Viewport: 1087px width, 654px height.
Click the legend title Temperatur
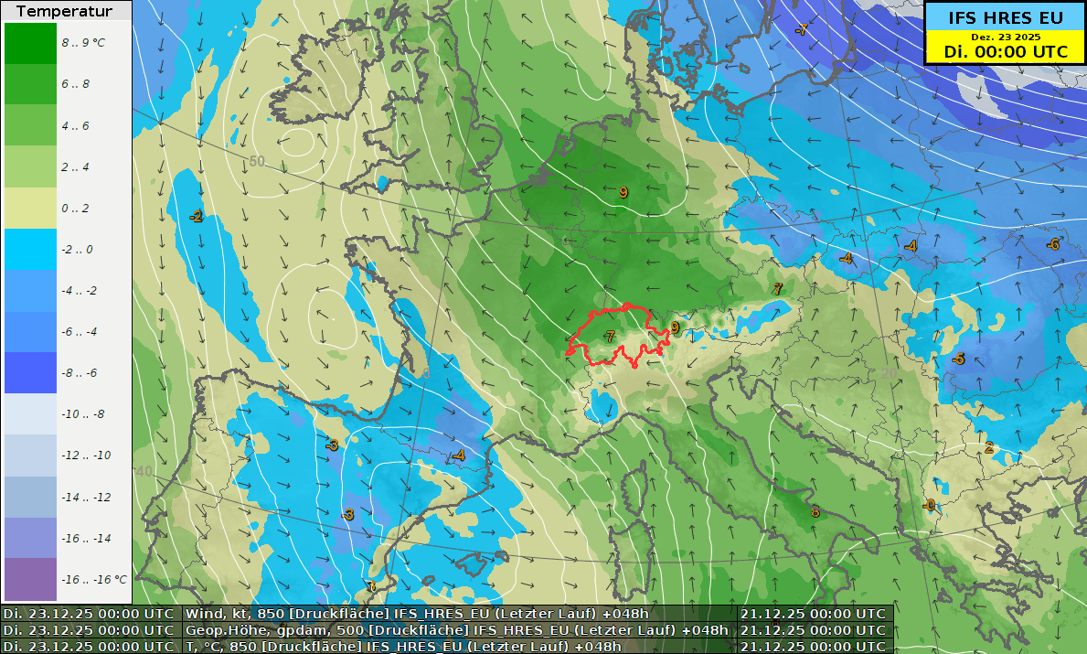64,12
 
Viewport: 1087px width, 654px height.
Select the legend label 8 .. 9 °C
83,42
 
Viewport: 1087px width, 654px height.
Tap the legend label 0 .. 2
75,208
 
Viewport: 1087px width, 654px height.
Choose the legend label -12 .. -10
86,456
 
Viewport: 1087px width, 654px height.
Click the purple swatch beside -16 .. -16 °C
30,579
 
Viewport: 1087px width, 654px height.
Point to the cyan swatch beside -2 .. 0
30,249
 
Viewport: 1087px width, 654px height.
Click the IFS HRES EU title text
1005,16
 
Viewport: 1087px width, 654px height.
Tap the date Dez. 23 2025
1005,37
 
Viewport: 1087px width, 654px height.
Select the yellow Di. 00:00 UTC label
1005,52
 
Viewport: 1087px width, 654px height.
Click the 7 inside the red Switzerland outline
610,338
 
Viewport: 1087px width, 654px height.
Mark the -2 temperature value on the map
196,216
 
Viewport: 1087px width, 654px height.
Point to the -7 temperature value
801,29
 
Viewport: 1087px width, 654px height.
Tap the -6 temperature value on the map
1053,244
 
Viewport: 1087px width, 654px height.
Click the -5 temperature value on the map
957,359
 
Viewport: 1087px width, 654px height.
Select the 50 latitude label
257,161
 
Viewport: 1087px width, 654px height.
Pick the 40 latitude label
144,471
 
